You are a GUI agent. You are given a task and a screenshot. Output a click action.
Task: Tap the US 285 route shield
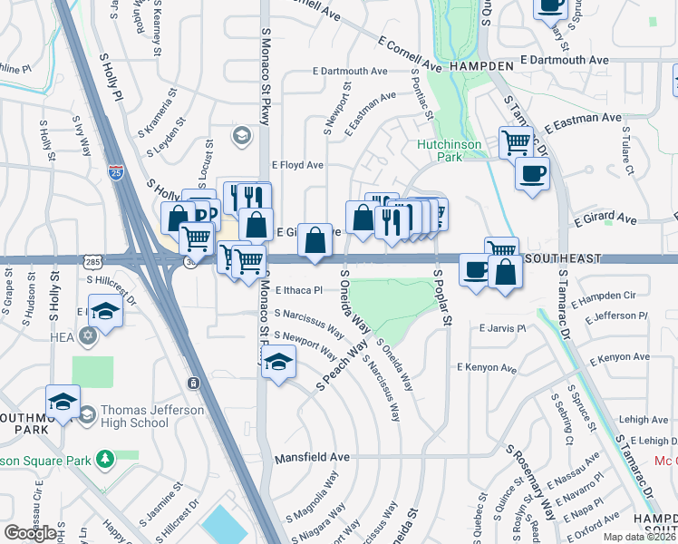pos(92,261)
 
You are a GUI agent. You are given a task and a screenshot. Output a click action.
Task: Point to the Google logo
pos(31,533)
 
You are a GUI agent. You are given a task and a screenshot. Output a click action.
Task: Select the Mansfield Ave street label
pos(312,458)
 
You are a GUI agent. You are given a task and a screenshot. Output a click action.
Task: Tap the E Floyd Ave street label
pos(297,165)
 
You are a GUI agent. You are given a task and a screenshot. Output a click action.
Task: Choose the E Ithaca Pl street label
pos(295,290)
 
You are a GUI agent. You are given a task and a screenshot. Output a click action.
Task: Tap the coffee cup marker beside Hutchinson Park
pos(532,172)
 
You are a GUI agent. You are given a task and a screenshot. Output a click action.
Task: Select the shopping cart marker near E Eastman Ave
pos(515,141)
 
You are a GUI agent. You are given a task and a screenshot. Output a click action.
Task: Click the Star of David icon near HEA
pos(87,336)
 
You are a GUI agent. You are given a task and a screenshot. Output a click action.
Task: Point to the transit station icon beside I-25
pos(193,384)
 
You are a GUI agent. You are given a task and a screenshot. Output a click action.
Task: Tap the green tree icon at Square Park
pos(106,458)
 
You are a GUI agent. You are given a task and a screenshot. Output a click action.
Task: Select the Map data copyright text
pos(640,537)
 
